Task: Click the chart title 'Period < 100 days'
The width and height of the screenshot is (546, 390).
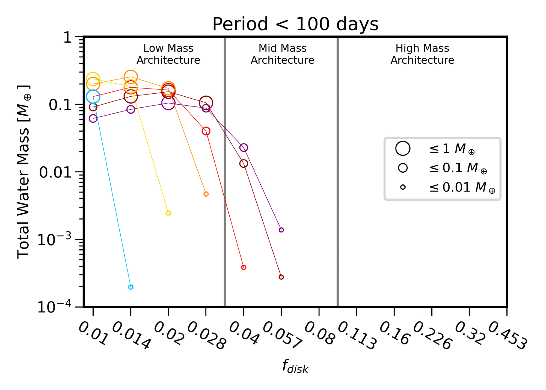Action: (x=295, y=24)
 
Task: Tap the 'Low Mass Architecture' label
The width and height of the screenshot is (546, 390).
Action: (x=168, y=54)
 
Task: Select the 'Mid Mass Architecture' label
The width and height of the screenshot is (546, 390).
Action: (x=283, y=54)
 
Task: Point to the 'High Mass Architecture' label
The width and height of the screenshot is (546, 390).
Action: (x=422, y=54)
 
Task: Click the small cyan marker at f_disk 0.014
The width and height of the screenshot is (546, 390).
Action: (x=131, y=287)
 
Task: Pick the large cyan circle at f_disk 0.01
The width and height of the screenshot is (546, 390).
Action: (x=93, y=96)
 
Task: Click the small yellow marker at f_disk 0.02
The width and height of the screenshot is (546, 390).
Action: (x=168, y=213)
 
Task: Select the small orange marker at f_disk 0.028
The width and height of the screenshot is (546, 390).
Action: (x=206, y=194)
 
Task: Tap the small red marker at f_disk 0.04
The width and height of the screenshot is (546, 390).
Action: (x=244, y=267)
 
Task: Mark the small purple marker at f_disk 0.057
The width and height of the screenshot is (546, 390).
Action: (x=281, y=230)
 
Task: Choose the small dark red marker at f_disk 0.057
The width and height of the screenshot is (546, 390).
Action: (x=281, y=277)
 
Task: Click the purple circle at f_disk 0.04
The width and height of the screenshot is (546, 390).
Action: (x=244, y=148)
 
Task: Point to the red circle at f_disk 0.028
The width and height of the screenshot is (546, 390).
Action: (x=206, y=131)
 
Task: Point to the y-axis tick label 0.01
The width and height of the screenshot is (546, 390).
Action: (x=55, y=172)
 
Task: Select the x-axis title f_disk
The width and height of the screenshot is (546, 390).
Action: (x=295, y=367)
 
